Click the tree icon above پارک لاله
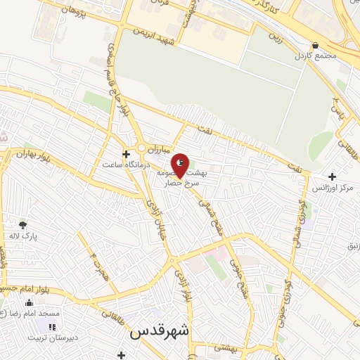pyautogui.click(x=23, y=225)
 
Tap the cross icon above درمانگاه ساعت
pyautogui.click(x=126, y=154)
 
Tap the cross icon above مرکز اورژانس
pyautogui.click(x=331, y=177)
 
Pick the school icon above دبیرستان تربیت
pyautogui.click(x=51, y=326)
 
